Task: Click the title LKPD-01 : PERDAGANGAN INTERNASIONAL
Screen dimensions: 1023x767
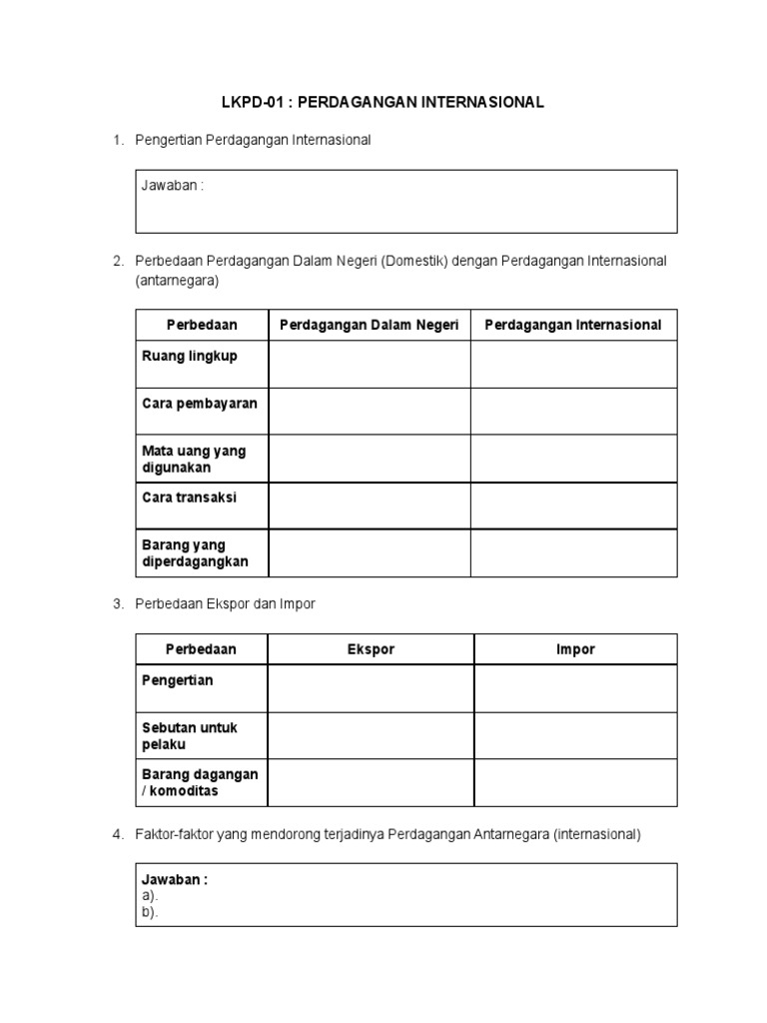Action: click(x=383, y=103)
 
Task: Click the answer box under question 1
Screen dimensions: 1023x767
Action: click(x=406, y=202)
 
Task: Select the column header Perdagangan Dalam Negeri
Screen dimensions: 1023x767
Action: click(x=369, y=325)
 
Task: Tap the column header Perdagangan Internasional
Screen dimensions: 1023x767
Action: click(x=573, y=325)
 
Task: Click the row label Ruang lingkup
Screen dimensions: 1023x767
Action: click(x=190, y=357)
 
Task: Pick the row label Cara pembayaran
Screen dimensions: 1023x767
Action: click(x=200, y=404)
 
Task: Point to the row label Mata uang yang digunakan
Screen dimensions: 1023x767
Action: click(x=194, y=459)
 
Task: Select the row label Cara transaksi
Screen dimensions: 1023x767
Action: click(x=190, y=498)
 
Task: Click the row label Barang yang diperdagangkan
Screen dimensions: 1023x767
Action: click(x=196, y=552)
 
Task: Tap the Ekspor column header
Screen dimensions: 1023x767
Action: click(x=371, y=649)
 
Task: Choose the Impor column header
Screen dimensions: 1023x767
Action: click(x=575, y=649)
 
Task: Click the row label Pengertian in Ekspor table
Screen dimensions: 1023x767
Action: click(x=178, y=680)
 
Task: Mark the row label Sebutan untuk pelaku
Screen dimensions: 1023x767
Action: click(x=190, y=736)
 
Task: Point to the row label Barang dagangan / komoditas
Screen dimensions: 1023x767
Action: click(x=200, y=782)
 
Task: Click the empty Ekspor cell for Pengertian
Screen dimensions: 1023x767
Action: click(x=371, y=689)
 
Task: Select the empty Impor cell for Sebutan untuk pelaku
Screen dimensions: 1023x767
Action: click(x=575, y=736)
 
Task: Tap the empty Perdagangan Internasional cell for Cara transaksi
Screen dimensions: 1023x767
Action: click(x=573, y=506)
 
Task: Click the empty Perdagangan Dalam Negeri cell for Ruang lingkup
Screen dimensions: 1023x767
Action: click(x=369, y=364)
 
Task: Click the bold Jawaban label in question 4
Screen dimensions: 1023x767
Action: click(x=175, y=880)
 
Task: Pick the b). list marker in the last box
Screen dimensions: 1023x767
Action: click(x=150, y=912)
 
